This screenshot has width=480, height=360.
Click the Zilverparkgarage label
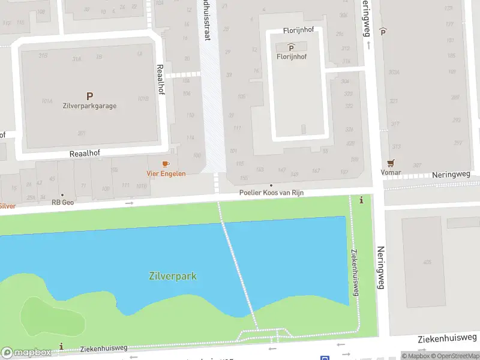[89, 106]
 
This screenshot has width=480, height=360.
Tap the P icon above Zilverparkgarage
[89, 95]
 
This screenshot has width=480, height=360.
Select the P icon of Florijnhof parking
[291, 47]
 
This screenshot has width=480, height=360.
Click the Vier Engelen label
[166, 173]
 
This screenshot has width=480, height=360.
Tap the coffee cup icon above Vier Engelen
[166, 164]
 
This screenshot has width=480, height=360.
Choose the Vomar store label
[391, 172]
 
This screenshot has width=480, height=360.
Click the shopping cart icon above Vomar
[391, 163]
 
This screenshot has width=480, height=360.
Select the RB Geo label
[62, 202]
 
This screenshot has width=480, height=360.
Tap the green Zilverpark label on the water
[172, 276]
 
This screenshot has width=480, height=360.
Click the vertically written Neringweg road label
[380, 268]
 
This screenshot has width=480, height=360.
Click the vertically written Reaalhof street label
[160, 79]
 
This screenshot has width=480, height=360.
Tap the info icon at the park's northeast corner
[361, 200]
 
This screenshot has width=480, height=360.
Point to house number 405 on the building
[427, 262]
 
